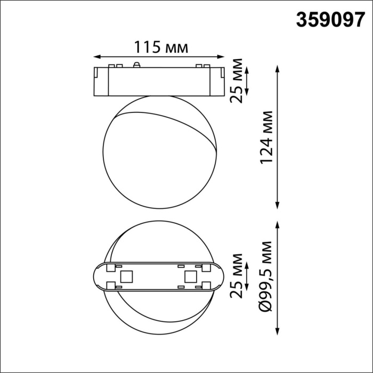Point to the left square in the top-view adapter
(127, 277)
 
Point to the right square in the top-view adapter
(190, 277)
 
